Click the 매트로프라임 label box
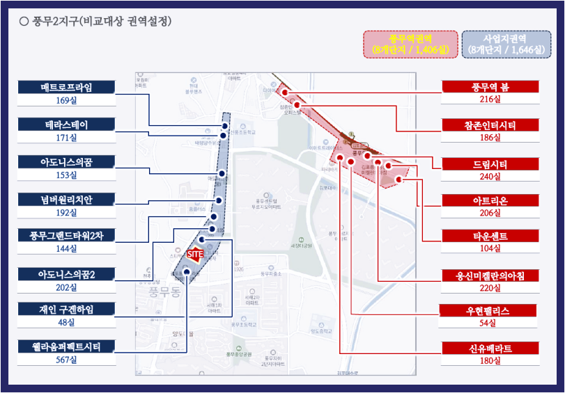(x=66, y=87)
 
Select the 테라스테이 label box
(x=66, y=125)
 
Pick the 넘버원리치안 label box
(x=66, y=200)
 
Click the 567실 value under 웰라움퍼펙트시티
(x=66, y=360)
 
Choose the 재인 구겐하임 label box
(x=66, y=308)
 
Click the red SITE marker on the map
(x=195, y=255)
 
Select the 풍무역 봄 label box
(x=490, y=87)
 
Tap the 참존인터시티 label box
(x=490, y=125)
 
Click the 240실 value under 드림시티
(x=490, y=176)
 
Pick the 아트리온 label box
(x=490, y=201)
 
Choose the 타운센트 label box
(x=490, y=236)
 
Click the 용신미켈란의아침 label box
(x=490, y=275)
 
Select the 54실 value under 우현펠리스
(x=490, y=323)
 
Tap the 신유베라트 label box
(x=490, y=347)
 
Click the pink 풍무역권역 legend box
(x=410, y=44)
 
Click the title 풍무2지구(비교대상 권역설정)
(x=101, y=22)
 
